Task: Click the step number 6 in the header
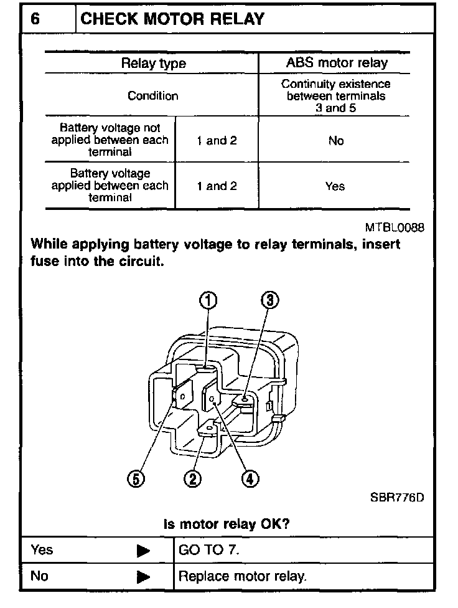coord(35,19)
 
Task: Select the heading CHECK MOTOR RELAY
coord(172,19)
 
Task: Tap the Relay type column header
coord(153,63)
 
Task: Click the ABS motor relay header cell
coord(336,62)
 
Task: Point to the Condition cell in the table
coord(152,96)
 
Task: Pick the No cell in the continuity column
coord(336,141)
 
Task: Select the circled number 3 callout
coord(268,302)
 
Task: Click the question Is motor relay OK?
coord(226,524)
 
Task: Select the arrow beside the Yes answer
coord(144,551)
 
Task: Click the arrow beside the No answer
coord(144,577)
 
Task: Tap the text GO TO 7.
coord(208,551)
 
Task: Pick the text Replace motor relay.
coord(243,577)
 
